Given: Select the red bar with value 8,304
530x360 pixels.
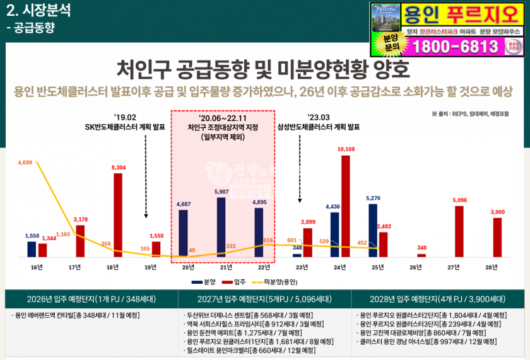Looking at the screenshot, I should coord(118,215).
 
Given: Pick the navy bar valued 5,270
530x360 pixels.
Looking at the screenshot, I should coord(373,230).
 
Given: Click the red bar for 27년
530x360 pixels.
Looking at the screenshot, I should coord(459,231).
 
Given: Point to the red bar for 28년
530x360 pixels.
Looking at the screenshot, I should coord(497,237).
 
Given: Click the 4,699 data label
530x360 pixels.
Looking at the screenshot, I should coord(25,163).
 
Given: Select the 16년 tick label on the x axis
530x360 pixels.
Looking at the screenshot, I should coord(37,267).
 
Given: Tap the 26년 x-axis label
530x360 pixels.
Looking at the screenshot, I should coord(415,267).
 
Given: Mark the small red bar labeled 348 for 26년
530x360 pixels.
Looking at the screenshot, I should coord(421,255).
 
